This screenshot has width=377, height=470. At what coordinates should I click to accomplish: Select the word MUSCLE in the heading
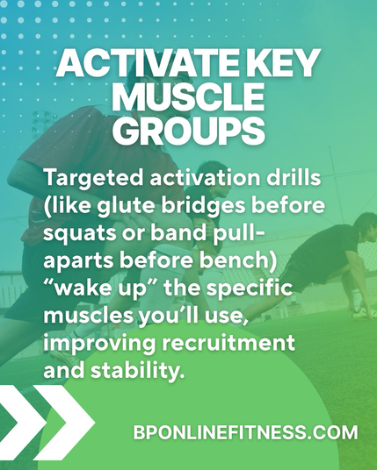tap(189, 97)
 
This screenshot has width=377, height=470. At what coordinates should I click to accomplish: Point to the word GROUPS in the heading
tap(189, 131)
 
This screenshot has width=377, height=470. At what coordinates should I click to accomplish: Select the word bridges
tap(204, 206)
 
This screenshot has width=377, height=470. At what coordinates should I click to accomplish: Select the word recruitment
tap(228, 343)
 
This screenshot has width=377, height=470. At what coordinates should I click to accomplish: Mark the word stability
tap(137, 372)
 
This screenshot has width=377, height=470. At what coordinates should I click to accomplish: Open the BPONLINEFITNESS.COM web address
tap(245, 432)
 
